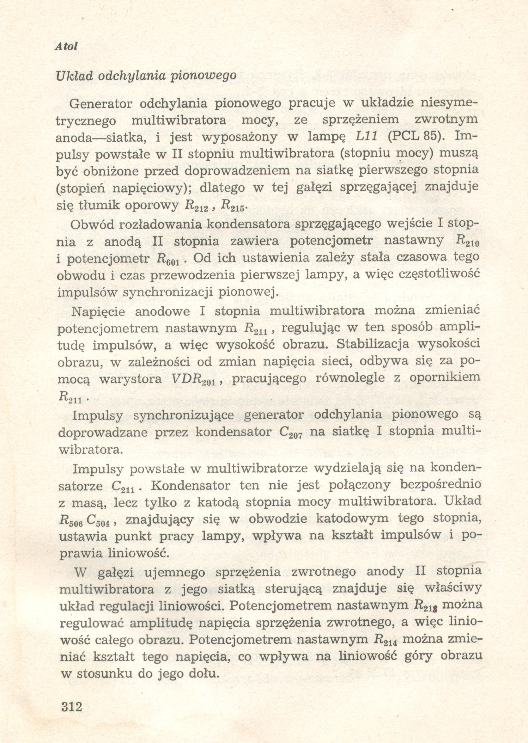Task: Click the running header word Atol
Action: (67, 47)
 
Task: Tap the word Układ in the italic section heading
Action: (74, 76)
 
